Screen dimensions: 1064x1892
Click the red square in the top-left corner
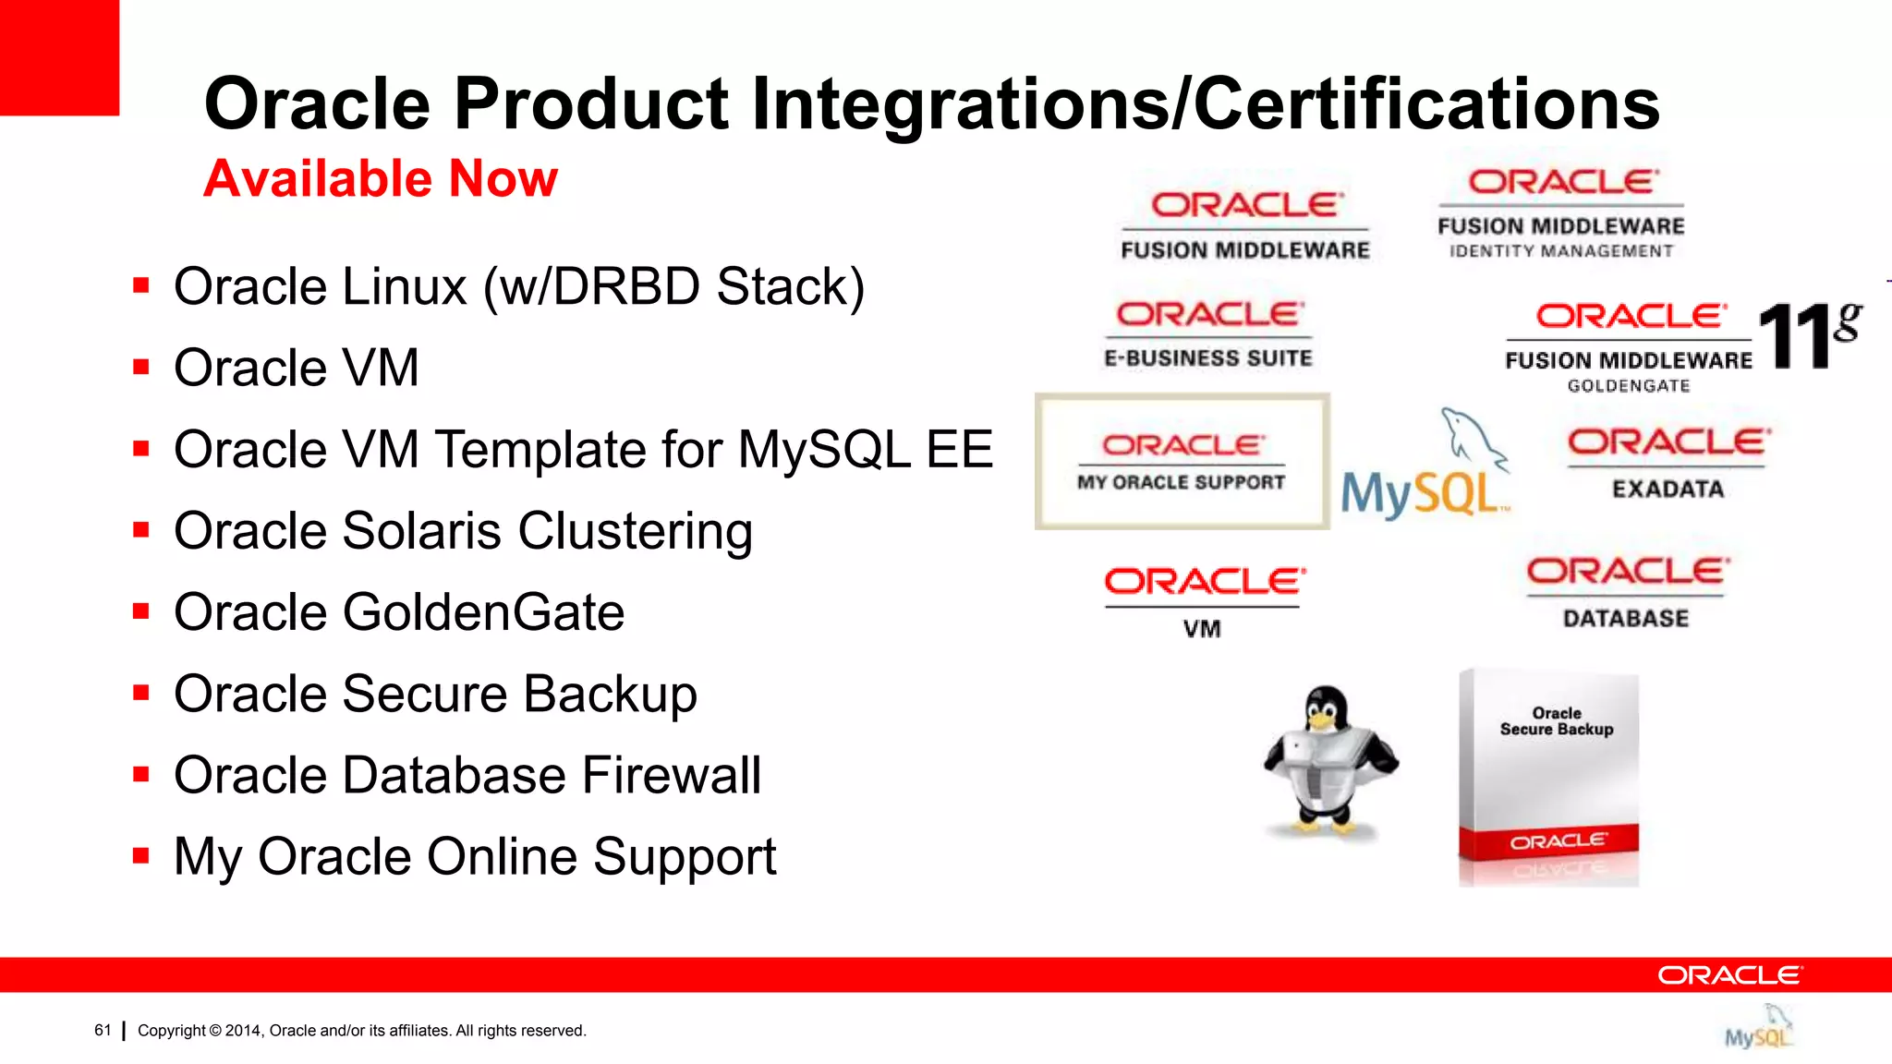coord(59,57)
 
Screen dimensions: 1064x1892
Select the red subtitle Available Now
coord(381,178)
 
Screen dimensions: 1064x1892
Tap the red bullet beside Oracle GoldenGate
coord(141,611)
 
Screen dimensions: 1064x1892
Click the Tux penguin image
coord(1329,763)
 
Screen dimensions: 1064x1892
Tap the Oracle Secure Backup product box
coord(1549,778)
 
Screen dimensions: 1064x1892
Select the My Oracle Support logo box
coord(1182,462)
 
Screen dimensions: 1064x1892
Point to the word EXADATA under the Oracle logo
coord(1668,489)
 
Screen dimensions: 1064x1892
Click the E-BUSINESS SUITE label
coord(1208,358)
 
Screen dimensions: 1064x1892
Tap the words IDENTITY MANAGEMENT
coord(1560,251)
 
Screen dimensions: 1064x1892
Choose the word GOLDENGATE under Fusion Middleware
coord(1628,386)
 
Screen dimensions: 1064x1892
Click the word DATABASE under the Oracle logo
coord(1625,618)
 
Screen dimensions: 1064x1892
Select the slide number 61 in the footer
coord(103,1030)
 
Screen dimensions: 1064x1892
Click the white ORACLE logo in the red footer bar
coord(1728,975)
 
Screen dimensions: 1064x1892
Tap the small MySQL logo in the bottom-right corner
coord(1758,1031)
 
